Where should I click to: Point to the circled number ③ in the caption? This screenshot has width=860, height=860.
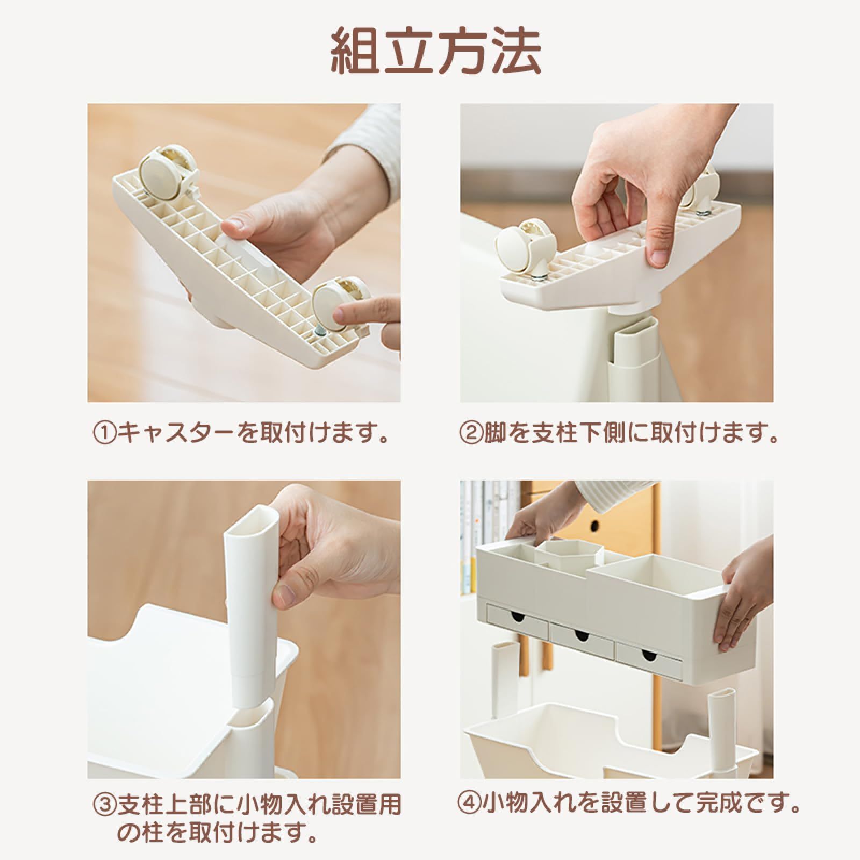pyautogui.click(x=105, y=805)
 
